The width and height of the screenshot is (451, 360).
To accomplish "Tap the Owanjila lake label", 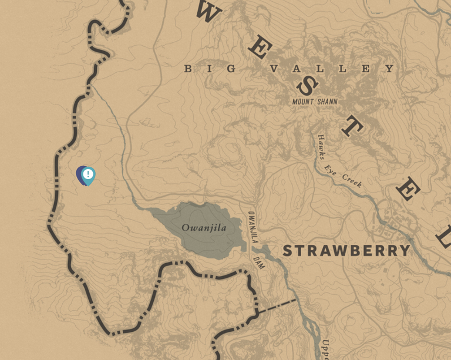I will tap(203, 228).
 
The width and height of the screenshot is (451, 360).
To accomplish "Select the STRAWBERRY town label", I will tap(346, 251).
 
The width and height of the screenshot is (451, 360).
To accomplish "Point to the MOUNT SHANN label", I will tap(315, 102).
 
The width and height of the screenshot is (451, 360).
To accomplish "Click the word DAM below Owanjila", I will tap(259, 262).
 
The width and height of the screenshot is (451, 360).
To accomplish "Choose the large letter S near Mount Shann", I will tap(306, 86).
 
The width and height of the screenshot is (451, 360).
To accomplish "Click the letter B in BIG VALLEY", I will tap(188, 69).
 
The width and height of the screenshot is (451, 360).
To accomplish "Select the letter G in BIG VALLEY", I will tap(232, 69).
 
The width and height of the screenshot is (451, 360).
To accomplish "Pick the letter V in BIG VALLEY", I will tap(273, 69).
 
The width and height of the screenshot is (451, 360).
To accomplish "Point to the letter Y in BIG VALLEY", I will tap(390, 69).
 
